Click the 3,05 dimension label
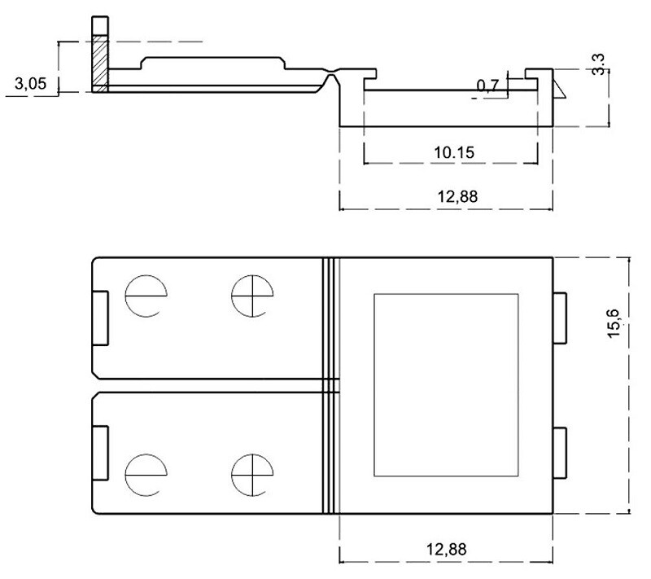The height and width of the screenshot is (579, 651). pos(30,84)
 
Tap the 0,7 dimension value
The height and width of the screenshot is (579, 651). pos(487,86)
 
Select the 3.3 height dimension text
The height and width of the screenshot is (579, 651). pos(598,64)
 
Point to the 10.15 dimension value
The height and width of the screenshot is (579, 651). pos(454,152)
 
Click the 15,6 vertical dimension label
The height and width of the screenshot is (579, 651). pos(614,323)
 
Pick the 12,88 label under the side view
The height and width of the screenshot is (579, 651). pos(457,196)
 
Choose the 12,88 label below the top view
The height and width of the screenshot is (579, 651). pos(447,549)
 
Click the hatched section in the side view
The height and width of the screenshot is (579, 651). pos(99,64)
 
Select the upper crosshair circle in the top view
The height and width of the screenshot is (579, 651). pos(252,296)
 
